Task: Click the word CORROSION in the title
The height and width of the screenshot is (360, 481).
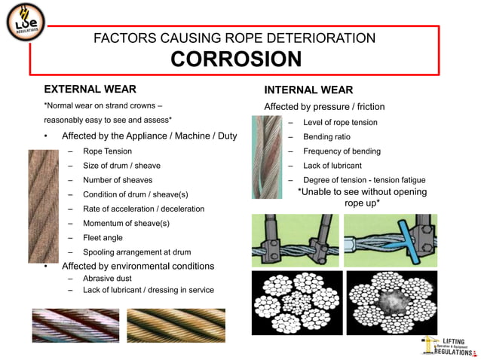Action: click(x=236, y=59)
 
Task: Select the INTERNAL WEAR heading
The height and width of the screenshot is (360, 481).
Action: click(x=308, y=90)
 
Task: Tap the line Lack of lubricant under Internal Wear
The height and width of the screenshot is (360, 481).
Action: click(x=332, y=166)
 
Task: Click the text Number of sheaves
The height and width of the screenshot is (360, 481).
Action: click(x=118, y=180)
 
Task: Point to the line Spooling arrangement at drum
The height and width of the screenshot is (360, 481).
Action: click(x=136, y=252)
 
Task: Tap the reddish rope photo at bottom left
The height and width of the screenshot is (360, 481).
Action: click(x=75, y=325)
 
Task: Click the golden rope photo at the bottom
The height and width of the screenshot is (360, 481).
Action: click(x=176, y=325)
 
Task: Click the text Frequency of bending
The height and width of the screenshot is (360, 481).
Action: click(x=342, y=151)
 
